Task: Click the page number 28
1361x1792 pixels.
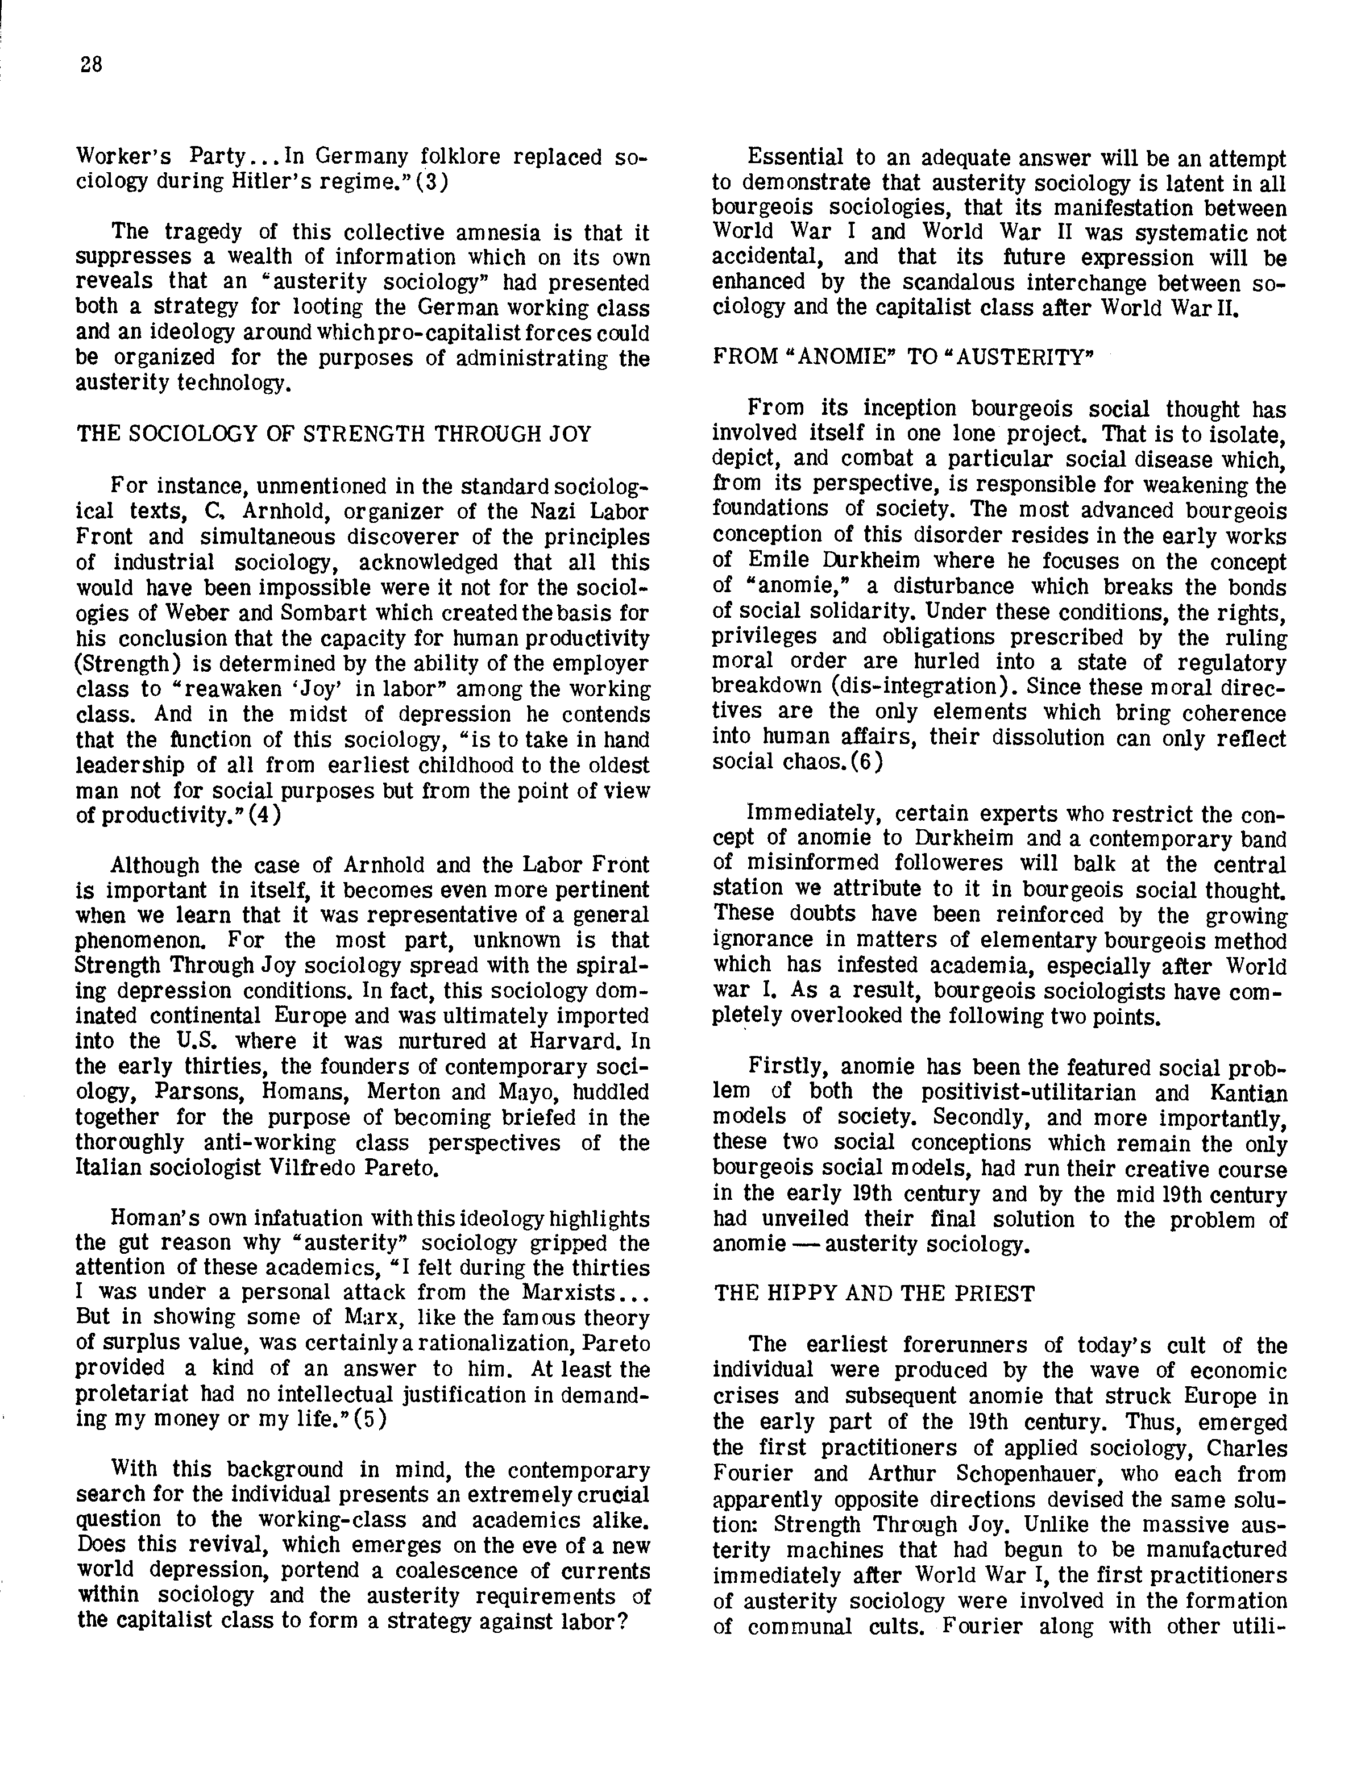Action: point(92,65)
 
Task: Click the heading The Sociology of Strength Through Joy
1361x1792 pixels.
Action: point(334,434)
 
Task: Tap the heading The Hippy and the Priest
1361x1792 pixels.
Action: point(874,1294)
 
